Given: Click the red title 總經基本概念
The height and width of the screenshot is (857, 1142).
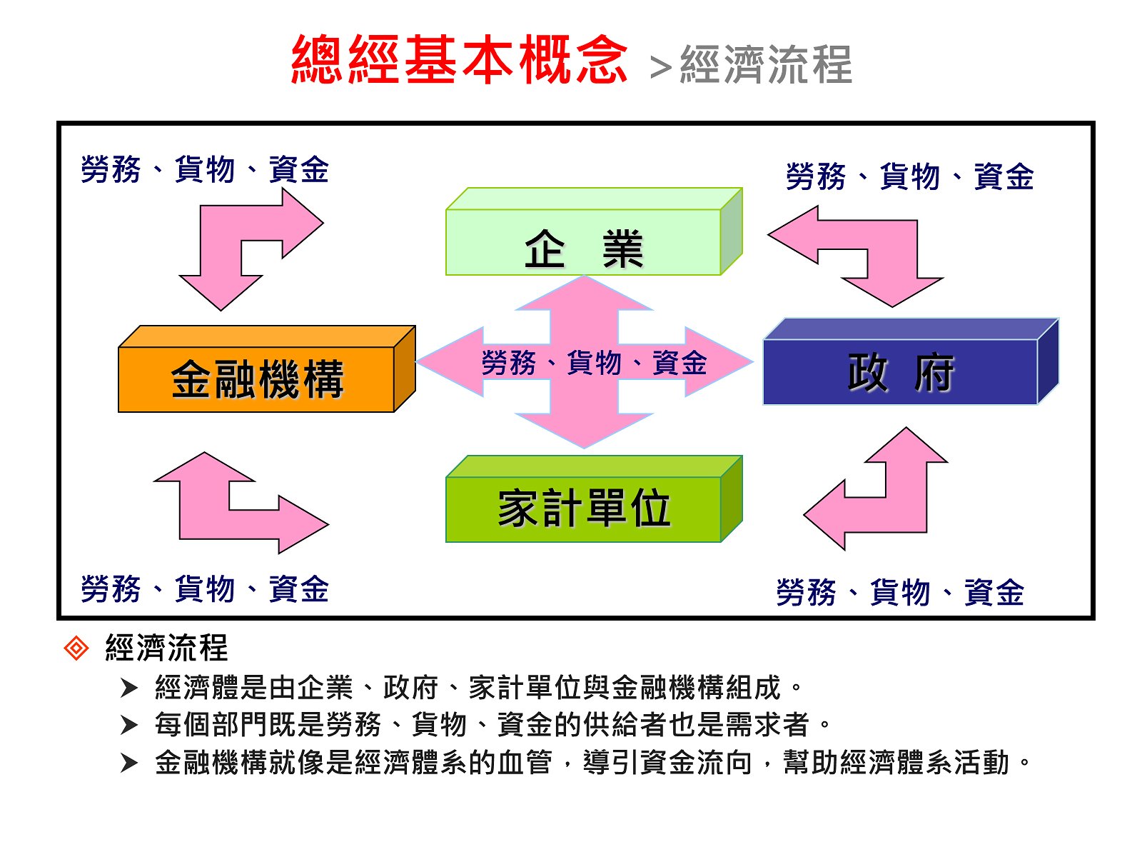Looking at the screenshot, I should (x=459, y=60).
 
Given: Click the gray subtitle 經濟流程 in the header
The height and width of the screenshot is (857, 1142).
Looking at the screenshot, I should (x=766, y=64).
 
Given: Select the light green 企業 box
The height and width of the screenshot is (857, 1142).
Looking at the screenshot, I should (x=584, y=242).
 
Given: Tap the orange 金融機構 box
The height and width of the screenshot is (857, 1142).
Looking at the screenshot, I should (x=257, y=379).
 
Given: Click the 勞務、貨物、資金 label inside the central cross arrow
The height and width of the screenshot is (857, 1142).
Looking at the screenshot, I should (x=594, y=363).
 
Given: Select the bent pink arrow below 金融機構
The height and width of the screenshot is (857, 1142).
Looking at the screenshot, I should (x=207, y=507).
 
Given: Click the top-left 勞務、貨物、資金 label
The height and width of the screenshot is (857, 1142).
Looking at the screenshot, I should (x=205, y=170).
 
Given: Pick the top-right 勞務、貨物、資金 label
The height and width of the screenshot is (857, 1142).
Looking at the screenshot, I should (x=909, y=176).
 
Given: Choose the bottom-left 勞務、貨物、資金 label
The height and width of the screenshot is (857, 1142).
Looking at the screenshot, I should (x=205, y=589).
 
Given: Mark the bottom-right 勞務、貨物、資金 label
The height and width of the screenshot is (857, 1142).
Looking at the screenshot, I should (x=900, y=593).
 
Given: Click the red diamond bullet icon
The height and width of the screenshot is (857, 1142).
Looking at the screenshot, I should (x=76, y=648).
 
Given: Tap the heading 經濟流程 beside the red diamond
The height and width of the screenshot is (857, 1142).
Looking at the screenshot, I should (x=166, y=648).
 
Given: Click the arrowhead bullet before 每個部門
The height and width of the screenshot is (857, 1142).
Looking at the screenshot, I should (x=129, y=726).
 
